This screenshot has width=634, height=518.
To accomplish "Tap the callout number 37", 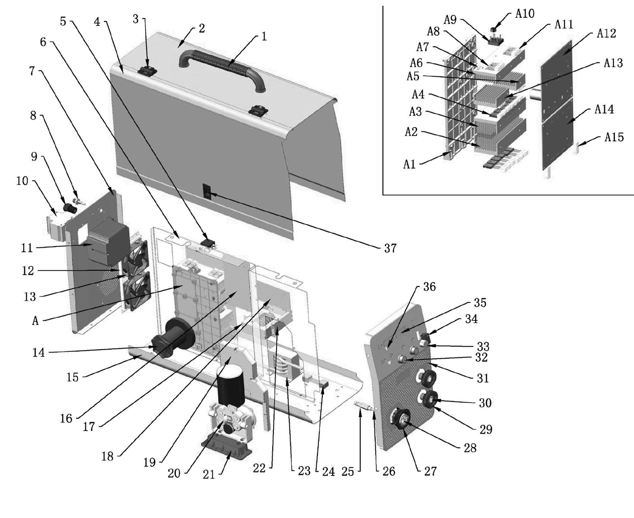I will (x=390, y=248).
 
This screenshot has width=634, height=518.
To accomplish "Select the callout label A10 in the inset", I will (x=525, y=13).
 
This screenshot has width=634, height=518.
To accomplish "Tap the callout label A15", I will (x=614, y=137).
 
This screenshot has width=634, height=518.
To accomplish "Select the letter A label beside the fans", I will (x=35, y=321).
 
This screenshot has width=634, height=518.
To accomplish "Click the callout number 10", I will (x=22, y=181).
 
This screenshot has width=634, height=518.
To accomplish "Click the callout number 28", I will (x=470, y=448).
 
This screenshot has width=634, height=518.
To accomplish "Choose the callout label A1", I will (x=409, y=165).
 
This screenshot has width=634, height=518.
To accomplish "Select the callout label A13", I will (x=613, y=63).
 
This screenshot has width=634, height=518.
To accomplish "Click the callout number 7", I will (x=32, y=71).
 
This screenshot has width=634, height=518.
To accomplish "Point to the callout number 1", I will (x=264, y=37).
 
